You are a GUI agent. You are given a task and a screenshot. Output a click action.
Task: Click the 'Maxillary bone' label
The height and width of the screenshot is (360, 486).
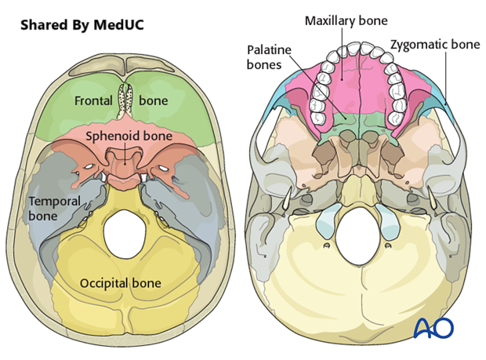346,20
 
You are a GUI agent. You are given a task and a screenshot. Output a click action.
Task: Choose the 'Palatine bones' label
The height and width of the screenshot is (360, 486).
267,56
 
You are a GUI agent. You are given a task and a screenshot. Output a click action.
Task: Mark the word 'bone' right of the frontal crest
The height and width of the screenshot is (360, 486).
154,100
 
